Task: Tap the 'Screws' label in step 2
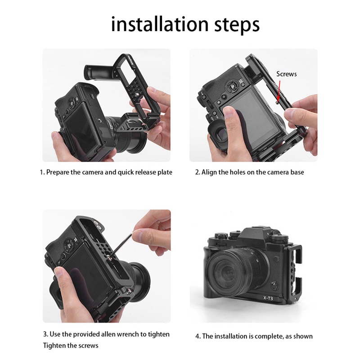coord(286,74)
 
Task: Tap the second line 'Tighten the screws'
coord(71,346)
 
